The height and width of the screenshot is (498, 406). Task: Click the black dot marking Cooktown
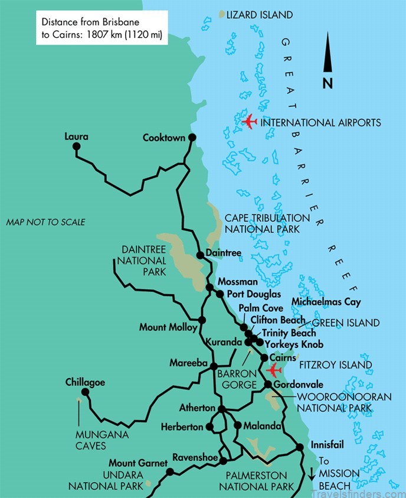(192, 138)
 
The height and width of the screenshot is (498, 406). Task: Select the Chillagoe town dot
(86, 392)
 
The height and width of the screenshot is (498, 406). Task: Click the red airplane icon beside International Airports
(250, 122)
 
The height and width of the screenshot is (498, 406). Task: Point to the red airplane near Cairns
(273, 370)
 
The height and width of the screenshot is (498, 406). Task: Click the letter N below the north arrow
(328, 83)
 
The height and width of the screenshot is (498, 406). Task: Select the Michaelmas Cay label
(326, 302)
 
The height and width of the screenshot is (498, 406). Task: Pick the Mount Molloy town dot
(202, 320)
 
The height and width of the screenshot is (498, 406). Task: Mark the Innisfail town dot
(299, 447)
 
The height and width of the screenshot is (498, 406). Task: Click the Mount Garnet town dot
(169, 471)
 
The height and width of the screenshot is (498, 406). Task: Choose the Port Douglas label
(254, 294)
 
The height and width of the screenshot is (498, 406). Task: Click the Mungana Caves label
(90, 441)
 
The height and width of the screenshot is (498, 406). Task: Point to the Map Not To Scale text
(45, 222)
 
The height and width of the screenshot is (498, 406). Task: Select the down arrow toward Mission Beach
(312, 473)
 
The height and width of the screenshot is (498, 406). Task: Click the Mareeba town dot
(214, 366)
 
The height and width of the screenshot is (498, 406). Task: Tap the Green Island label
(345, 323)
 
